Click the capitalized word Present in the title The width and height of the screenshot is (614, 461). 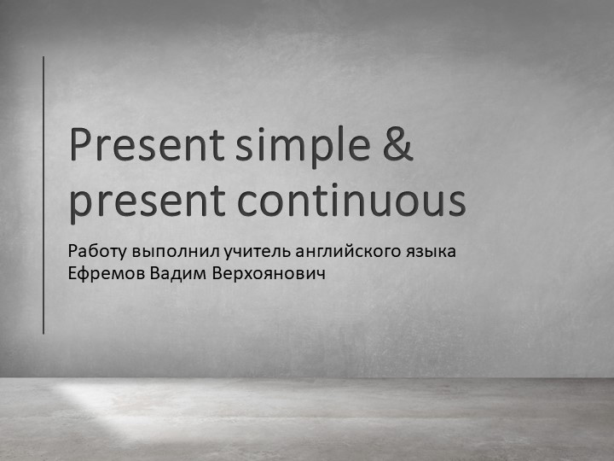point(145,146)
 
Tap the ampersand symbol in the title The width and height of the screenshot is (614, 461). point(395,146)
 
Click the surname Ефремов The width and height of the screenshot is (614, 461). point(103,274)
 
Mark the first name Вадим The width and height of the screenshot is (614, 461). point(171,274)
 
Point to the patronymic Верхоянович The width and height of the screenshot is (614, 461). point(254,274)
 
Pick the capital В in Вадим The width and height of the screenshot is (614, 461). point(150,274)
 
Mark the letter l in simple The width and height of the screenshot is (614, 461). point(343,144)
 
